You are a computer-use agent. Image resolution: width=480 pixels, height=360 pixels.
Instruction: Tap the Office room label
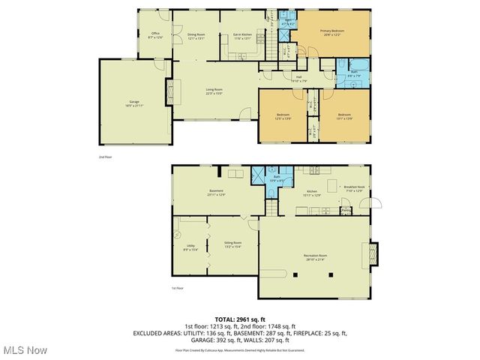pyautogui.click(x=155, y=34)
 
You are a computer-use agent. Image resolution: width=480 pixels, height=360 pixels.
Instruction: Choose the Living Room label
pyautogui.click(x=214, y=91)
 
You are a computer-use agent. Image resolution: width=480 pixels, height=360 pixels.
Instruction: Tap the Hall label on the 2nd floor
pyautogui.click(x=298, y=77)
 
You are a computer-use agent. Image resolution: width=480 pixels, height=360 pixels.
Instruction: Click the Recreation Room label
pyautogui.click(x=314, y=258)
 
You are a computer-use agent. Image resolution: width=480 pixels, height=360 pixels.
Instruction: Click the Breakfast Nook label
pyautogui.click(x=353, y=189)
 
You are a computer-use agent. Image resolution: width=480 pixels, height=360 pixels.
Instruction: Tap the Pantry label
pyautogui.click(x=346, y=211)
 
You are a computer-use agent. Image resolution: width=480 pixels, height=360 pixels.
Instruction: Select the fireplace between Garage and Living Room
pyautogui.click(x=169, y=94)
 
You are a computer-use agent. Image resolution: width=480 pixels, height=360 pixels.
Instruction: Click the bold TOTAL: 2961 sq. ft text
pyautogui.click(x=240, y=319)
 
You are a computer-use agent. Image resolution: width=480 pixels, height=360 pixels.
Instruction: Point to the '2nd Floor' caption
pyautogui.click(x=105, y=157)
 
